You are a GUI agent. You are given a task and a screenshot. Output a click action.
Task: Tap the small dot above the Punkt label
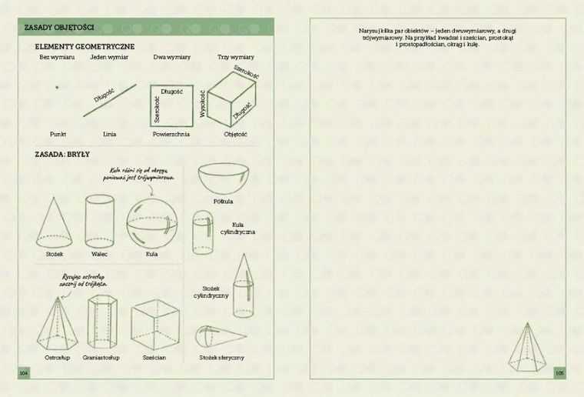[57, 88]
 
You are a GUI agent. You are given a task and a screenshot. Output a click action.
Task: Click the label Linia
[109, 134]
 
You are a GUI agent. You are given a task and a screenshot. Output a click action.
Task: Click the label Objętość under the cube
[235, 134]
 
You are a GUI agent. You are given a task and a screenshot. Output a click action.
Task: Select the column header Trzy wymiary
[235, 58]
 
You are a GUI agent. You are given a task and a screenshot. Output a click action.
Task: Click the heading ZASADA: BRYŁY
[63, 154]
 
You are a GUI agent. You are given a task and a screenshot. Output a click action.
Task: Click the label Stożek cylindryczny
[211, 292]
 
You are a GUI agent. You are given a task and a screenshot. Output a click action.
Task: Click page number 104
[23, 372]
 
